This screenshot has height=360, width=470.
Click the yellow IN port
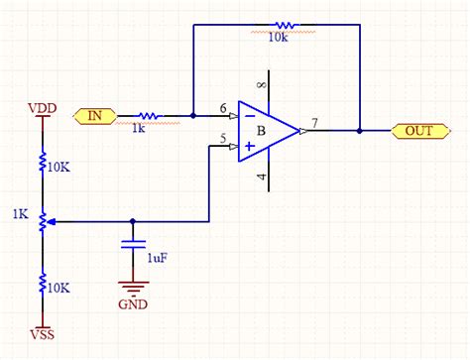tap(95, 116)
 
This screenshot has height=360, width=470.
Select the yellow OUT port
tap(420, 131)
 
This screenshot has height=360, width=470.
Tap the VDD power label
tap(43, 108)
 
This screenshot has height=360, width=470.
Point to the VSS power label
tap(43, 334)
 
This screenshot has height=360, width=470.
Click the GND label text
tap(133, 304)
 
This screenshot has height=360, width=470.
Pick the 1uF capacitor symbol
tap(133, 245)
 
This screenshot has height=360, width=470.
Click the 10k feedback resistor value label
tap(278, 38)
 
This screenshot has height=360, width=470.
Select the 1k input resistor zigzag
tap(149, 116)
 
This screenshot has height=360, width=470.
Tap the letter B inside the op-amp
tap(261, 131)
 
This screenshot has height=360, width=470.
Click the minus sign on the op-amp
tap(250, 116)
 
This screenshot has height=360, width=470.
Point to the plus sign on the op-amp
tap(250, 146)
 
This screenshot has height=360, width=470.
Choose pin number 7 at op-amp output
tap(314, 123)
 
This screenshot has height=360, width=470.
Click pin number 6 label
tap(223, 108)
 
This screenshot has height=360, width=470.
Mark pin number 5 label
tap(223, 138)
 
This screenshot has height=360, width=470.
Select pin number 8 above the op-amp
tap(262, 85)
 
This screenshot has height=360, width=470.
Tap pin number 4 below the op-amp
tap(262, 177)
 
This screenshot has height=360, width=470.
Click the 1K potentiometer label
tap(21, 214)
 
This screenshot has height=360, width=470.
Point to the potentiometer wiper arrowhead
tap(51, 222)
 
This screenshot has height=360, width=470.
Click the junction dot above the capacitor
tap(133, 221)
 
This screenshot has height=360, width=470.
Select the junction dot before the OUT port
tap(360, 131)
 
